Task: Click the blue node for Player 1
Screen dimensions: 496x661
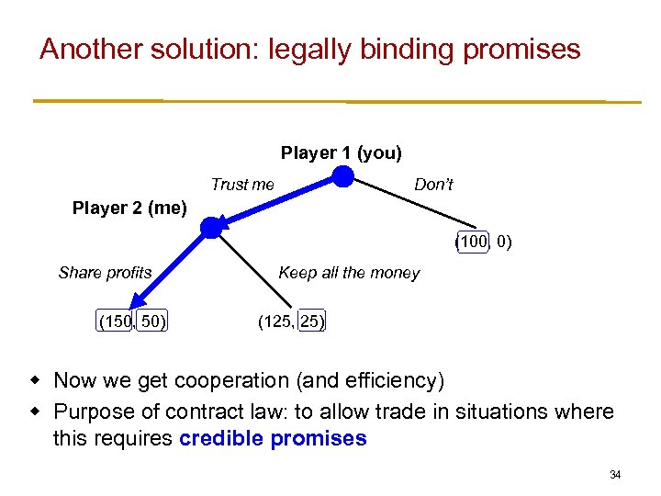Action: tap(342, 176)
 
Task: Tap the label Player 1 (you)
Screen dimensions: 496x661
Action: tap(342, 152)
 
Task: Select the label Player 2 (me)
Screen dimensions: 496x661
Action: tap(129, 209)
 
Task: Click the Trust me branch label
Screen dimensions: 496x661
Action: tap(242, 185)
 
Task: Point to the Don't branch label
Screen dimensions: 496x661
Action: tap(433, 185)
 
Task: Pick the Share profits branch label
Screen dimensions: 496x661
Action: tap(105, 273)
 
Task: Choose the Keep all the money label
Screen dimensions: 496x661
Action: tap(349, 273)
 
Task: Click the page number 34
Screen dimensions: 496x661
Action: tap(615, 475)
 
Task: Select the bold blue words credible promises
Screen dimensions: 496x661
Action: tap(273, 438)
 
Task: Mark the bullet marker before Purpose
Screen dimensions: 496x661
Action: tap(38, 411)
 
